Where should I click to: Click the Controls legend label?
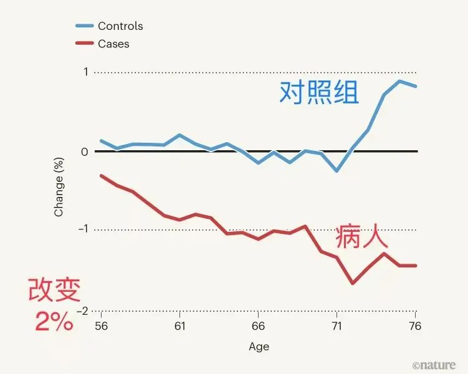coord(120,26)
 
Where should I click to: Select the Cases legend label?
coord(113,44)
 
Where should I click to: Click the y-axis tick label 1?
coord(85,72)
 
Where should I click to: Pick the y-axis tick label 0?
coord(85,151)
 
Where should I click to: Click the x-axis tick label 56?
coord(100,327)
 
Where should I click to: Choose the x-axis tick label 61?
coord(179,327)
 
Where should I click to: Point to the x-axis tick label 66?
coord(258,327)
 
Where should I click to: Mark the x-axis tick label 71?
coord(337,327)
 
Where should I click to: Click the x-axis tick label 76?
coord(416,327)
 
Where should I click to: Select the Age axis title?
coord(259,347)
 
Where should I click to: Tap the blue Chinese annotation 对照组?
coord(318,93)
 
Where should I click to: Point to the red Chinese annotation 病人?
coord(361,237)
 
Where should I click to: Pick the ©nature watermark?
coord(434,365)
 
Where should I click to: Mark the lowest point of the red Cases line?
coord(353,283)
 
